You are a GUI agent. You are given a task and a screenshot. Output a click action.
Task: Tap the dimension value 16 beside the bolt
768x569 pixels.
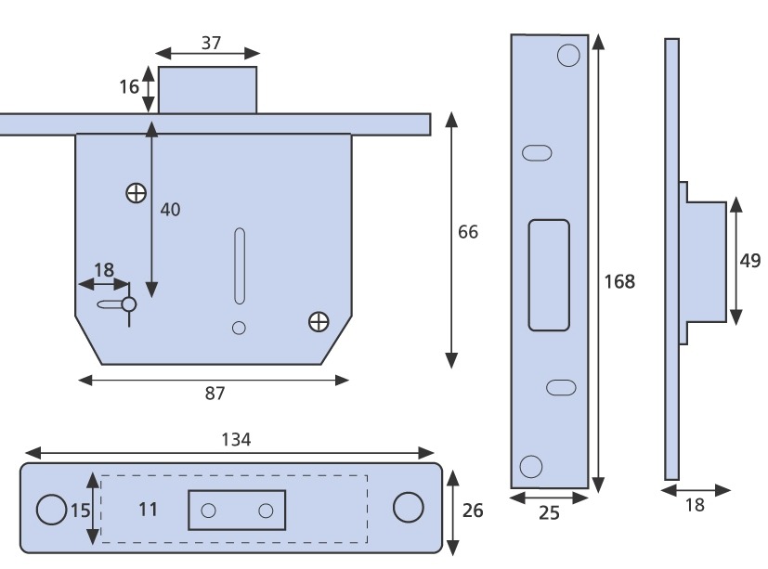[128, 86]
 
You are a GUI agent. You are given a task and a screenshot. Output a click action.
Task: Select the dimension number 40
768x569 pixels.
[171, 209]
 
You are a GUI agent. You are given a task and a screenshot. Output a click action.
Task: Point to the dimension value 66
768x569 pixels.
[468, 232]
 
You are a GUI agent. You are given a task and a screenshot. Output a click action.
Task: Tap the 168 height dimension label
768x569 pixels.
[621, 279]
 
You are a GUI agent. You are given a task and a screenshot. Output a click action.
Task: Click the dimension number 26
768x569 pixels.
[473, 511]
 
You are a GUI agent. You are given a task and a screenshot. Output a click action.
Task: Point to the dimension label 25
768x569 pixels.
[549, 512]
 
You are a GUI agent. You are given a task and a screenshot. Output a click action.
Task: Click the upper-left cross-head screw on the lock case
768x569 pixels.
[136, 193]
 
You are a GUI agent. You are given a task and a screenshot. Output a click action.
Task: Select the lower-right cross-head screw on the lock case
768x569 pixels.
[319, 321]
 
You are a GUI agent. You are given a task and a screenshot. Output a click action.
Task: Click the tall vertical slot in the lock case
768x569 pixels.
[240, 265]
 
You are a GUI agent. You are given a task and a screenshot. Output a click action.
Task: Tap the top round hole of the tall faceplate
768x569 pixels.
[567, 56]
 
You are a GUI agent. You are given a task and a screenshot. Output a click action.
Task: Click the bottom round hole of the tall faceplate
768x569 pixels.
[531, 466]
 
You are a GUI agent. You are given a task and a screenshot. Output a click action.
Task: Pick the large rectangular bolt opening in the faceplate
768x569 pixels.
[549, 275]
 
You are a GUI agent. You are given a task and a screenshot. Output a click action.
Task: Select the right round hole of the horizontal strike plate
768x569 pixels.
[407, 507]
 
